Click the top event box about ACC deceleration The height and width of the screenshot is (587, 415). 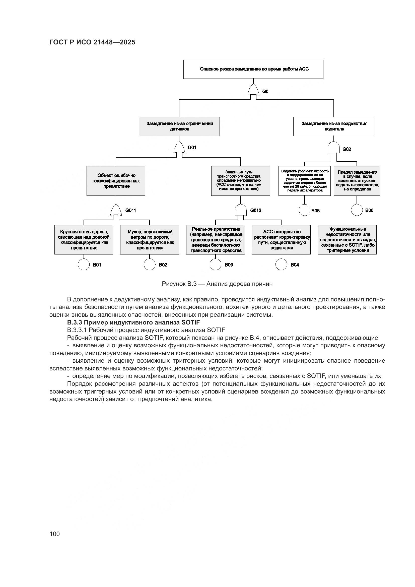click(253, 69)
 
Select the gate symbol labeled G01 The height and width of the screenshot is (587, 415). click(179, 148)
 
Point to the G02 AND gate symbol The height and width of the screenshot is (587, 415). click(334, 148)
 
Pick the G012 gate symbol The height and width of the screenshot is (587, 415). click(240, 210)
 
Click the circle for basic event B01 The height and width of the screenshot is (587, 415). click(84, 264)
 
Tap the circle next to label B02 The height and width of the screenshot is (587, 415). click(150, 264)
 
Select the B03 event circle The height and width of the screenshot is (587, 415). click(216, 264)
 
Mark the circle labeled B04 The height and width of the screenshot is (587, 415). click(281, 264)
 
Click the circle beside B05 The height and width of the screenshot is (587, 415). click(305, 210)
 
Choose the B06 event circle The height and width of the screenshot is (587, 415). click(357, 210)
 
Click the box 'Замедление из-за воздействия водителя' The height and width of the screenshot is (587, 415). click(334, 126)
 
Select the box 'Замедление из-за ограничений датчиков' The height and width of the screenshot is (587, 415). click(179, 126)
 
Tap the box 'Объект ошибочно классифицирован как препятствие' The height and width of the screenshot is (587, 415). click(116, 181)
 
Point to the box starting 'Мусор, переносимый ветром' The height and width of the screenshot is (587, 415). click(150, 240)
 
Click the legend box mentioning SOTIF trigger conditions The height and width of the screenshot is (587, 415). click(347, 240)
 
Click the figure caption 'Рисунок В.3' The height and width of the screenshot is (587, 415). click(217, 284)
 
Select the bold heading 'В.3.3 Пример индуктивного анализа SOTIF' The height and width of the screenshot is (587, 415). click(133, 322)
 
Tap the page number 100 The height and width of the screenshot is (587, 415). click(54, 534)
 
